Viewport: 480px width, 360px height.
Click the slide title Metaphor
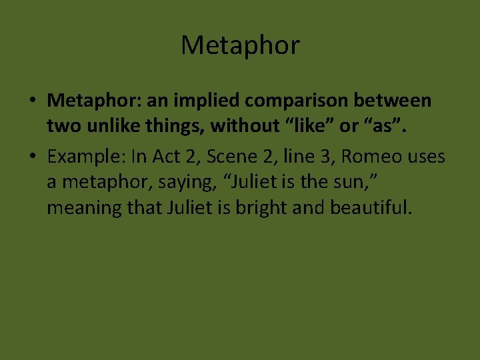coord(240,45)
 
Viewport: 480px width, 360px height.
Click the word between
coord(399,101)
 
